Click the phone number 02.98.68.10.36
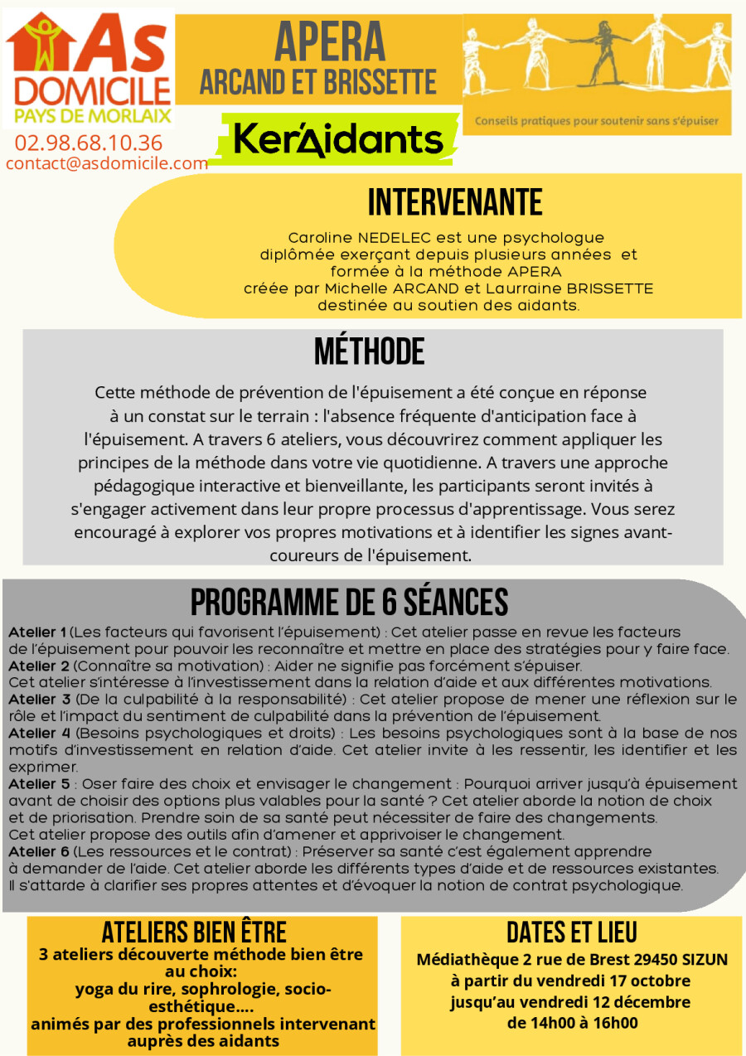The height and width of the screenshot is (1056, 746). click(88, 143)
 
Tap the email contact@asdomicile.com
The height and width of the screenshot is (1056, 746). click(106, 163)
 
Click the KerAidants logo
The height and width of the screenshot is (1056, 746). click(337, 139)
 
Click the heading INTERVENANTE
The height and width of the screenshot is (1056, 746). click(455, 201)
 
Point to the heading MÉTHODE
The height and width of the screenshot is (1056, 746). click(369, 351)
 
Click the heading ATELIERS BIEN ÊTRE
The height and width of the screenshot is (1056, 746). click(194, 932)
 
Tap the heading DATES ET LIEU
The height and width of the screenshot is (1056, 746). click(571, 932)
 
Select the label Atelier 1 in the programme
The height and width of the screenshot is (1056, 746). click(38, 632)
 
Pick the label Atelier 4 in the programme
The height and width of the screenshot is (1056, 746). click(39, 733)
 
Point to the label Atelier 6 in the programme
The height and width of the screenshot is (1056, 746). click(39, 851)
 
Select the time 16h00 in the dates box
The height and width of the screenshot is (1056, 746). click(615, 1022)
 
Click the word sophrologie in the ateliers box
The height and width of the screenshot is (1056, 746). click(219, 990)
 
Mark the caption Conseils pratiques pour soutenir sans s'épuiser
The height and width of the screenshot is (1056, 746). click(596, 120)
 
